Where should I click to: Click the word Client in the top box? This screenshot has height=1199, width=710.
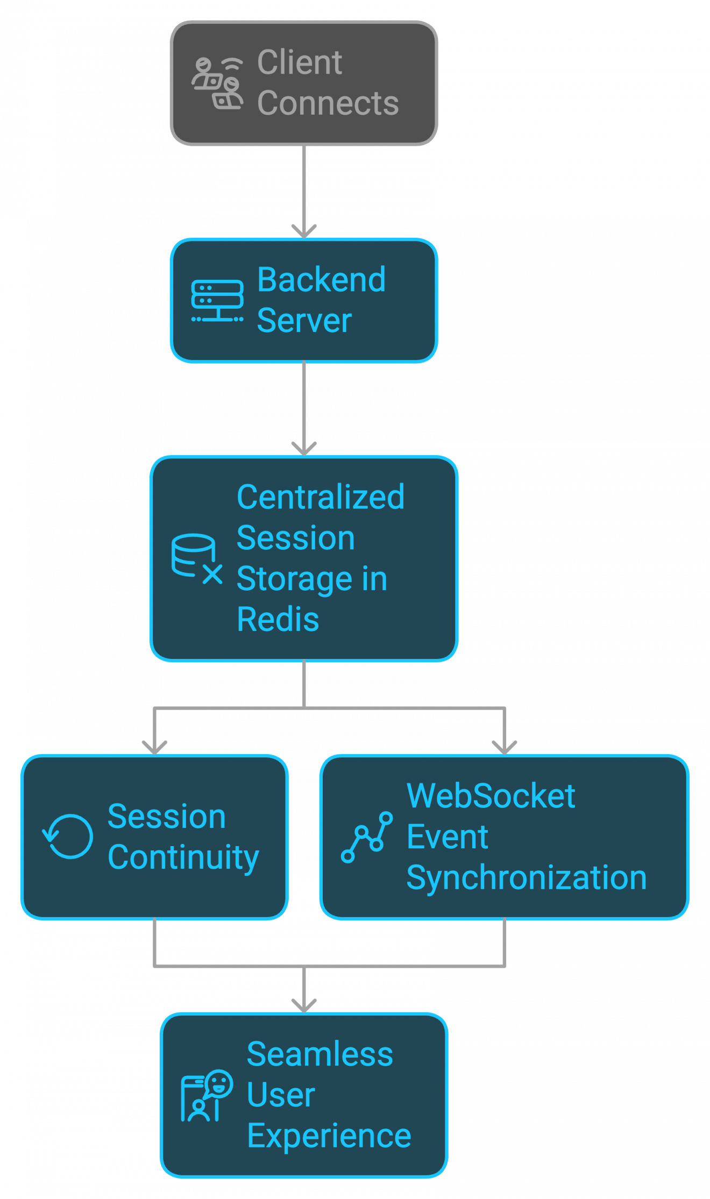299,62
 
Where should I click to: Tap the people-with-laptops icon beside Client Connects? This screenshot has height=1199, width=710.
217,83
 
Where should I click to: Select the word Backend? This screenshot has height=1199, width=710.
321,280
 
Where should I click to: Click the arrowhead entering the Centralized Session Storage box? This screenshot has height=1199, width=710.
304,449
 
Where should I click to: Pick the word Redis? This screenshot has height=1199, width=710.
278,619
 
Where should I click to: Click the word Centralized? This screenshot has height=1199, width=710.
321,497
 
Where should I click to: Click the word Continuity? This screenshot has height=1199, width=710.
183,857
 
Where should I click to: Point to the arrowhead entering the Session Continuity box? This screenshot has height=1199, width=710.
154,748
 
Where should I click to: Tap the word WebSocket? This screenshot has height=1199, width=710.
491,796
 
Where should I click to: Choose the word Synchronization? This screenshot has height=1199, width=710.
526,878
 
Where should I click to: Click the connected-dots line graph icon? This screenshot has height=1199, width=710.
367,837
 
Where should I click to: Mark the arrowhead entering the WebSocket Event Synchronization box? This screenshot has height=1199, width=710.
505,748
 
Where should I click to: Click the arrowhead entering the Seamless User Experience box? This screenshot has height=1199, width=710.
304,1006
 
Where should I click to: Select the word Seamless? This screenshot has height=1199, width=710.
319,1054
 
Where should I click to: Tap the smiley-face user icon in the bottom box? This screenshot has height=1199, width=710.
207,1096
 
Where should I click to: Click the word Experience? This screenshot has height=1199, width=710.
329,1136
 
